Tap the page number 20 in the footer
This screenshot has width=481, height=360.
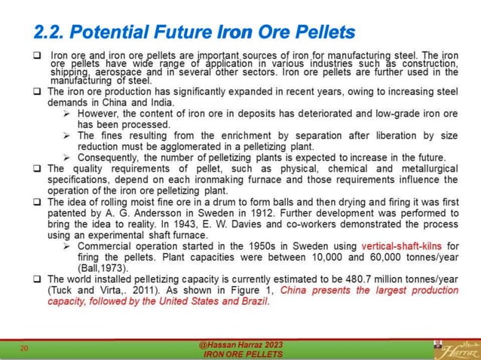(23, 349)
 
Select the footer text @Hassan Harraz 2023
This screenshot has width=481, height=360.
(241, 344)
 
